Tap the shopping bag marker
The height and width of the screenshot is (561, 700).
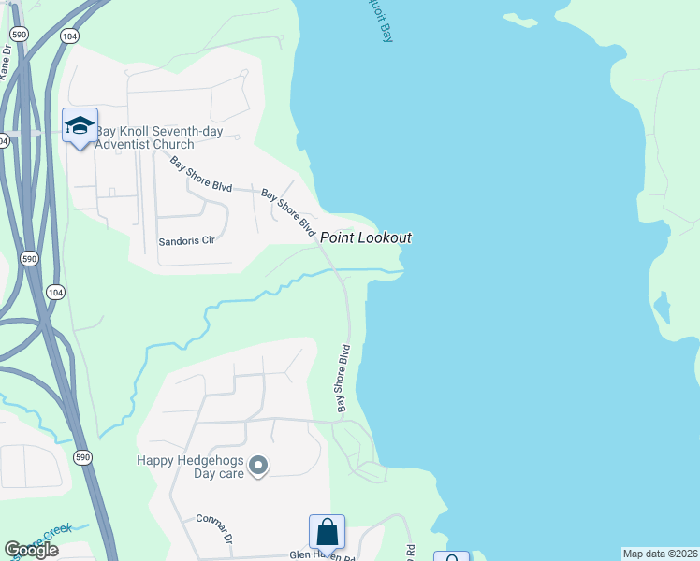[328, 532]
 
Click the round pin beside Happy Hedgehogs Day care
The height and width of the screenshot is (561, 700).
[260, 464]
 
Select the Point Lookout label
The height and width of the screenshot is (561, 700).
[366, 238]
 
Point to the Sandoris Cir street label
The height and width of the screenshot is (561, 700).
[186, 240]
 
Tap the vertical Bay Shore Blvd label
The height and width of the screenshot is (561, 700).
[343, 379]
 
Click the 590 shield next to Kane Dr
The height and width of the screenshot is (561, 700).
[19, 34]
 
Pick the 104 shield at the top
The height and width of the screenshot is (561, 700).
[68, 35]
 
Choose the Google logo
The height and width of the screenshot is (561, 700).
[31, 550]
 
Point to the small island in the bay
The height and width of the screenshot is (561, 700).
[663, 306]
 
